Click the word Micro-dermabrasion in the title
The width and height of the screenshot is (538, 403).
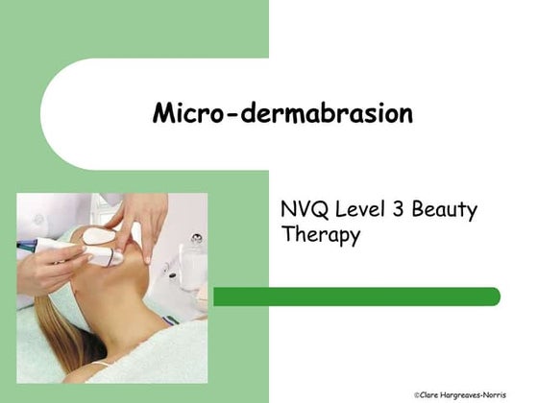coord(282,114)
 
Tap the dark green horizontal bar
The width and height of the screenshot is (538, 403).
coord(355,296)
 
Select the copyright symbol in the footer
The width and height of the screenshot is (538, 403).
coord(417,394)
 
